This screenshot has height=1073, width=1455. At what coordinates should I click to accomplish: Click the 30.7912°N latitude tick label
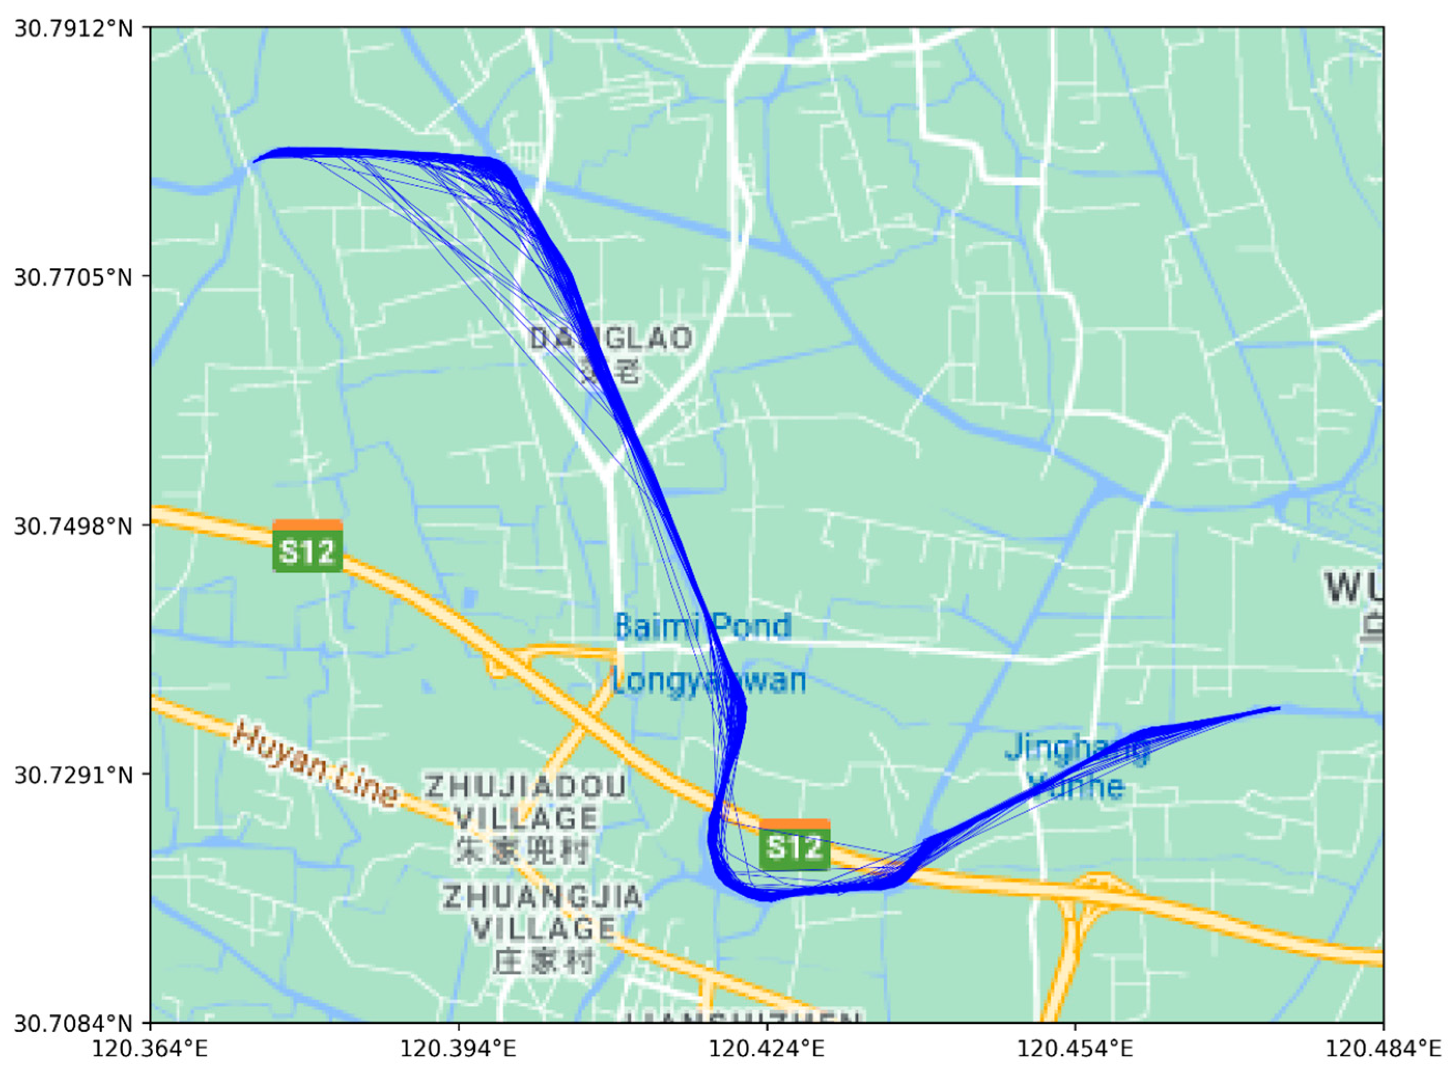73,29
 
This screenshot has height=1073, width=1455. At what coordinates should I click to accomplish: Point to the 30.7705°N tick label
73,277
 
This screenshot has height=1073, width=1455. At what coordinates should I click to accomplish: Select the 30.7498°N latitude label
73,526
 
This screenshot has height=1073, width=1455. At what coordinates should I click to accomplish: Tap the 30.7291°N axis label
73,774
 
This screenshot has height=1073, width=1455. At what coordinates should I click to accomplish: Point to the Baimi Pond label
703,626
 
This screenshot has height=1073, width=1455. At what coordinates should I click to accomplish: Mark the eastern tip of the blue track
1278,708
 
